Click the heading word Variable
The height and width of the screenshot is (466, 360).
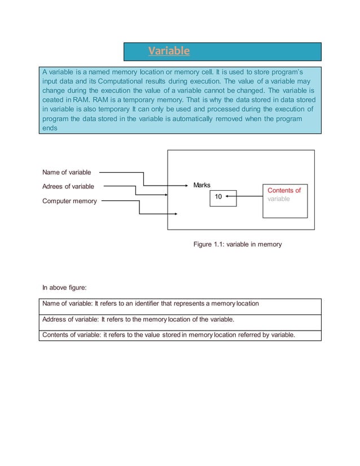169,51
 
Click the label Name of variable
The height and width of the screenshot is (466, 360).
67,172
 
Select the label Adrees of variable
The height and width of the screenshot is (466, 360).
68,186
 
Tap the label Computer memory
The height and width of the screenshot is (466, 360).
69,201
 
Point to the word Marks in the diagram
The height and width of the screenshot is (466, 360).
201,185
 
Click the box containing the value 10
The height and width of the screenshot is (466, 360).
218,197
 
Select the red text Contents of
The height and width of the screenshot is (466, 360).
284,190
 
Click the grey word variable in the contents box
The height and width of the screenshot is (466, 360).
279,199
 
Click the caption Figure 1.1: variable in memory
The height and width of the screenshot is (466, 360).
237,244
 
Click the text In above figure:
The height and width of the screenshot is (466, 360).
64,288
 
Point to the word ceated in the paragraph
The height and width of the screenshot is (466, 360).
54,100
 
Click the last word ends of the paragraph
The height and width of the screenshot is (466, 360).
50,128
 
